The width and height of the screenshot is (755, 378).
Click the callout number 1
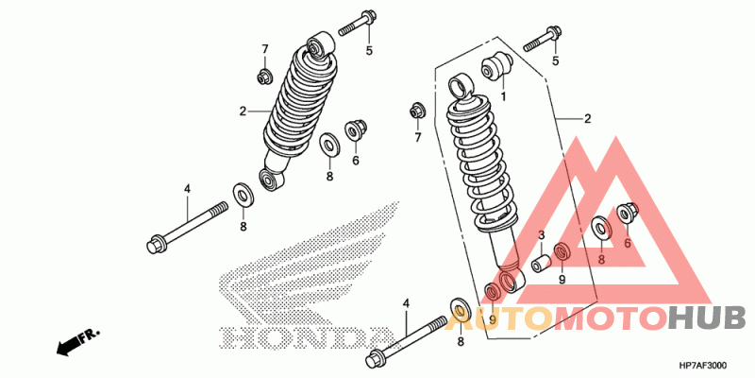tap(503, 96)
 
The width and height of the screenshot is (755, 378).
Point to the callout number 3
tap(542, 235)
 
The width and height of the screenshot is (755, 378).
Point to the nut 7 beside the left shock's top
tap(264, 75)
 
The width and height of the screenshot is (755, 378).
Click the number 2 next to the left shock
tap(243, 112)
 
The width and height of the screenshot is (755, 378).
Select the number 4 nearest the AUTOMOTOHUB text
tap(407, 303)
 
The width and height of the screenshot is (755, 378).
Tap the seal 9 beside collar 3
tap(562, 252)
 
